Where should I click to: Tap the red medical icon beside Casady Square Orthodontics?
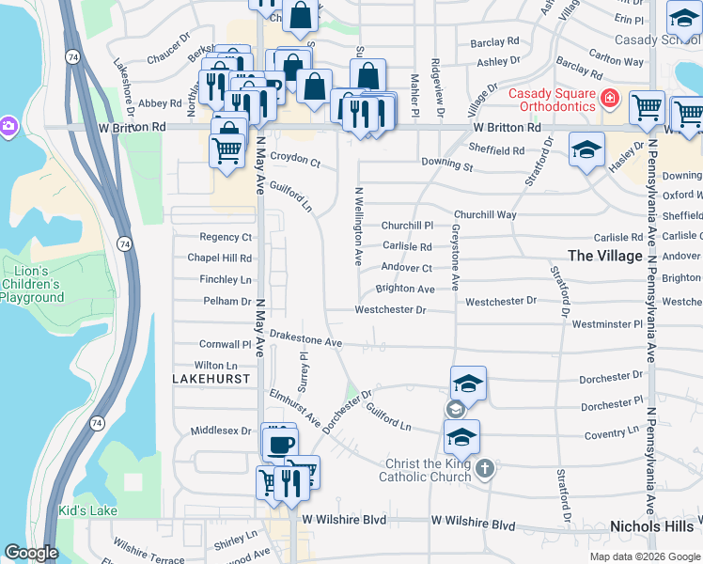coord(610,98)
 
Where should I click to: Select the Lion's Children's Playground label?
coord(32,285)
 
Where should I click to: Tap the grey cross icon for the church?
coord(484,469)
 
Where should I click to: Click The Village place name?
coord(606,256)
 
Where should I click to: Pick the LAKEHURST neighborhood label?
coord(211,378)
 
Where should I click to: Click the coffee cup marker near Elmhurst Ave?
coord(279,443)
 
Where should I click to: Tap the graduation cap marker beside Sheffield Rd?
coord(586,150)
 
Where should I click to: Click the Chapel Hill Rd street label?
coord(220,258)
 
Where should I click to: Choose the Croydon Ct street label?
coord(295,160)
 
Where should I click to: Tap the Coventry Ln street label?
coord(611,433)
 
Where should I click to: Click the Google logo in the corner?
coord(31,553)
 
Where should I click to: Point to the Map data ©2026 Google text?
coord(644,556)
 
